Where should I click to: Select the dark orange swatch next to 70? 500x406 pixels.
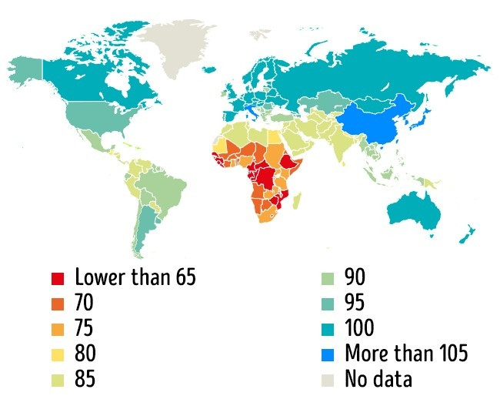(x=58, y=303)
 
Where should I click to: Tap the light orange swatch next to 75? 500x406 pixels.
(x=58, y=328)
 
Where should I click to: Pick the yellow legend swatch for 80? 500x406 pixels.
(x=58, y=354)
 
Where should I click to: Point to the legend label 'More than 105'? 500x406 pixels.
(x=406, y=354)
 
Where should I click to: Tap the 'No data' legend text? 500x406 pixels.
(x=378, y=379)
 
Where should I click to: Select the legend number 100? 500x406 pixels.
(x=360, y=328)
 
